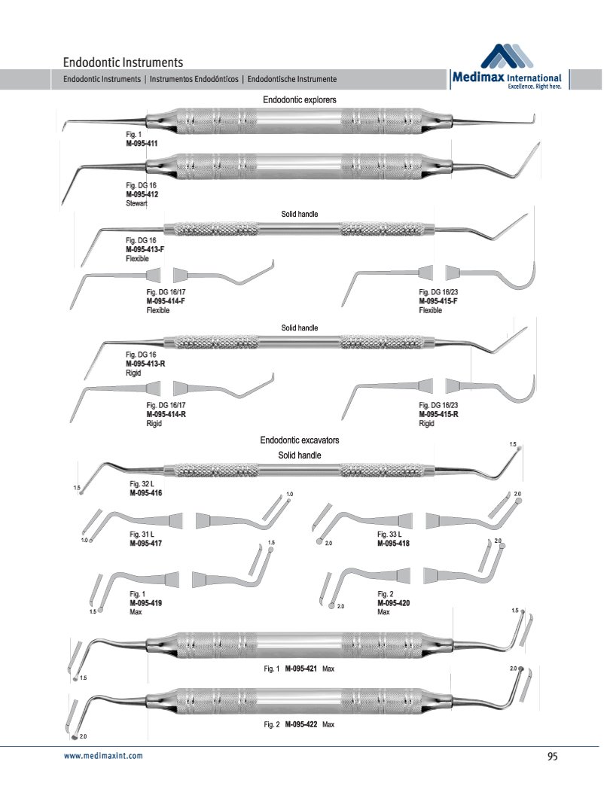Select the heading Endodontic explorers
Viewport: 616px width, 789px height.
click(299, 99)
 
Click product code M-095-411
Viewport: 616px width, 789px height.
click(142, 142)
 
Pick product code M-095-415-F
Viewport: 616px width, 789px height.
click(438, 301)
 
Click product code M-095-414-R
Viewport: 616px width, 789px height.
click(166, 415)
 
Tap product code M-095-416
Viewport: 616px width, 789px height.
click(146, 492)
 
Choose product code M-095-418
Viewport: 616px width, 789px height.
click(393, 542)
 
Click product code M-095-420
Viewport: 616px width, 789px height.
click(393, 603)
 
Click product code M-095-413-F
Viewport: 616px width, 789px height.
click(146, 249)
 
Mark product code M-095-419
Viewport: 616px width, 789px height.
click(146, 603)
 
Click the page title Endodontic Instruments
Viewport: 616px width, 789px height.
click(123, 62)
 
